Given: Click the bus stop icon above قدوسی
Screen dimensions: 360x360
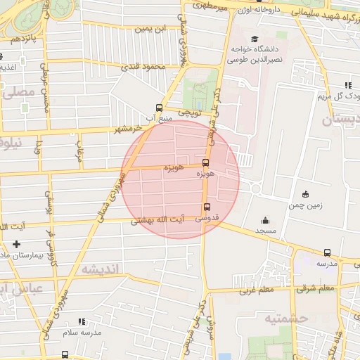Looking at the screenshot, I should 207,207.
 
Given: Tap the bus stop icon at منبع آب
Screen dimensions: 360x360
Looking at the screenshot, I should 160,108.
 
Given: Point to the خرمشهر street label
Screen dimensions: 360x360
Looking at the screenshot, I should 129,129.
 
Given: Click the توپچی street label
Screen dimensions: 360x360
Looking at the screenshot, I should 191,112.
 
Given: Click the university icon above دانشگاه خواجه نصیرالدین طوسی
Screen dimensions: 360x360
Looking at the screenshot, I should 254,39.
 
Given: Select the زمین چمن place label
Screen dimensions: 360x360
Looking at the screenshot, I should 304,206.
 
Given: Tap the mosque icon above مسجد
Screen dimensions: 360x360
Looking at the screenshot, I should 265,220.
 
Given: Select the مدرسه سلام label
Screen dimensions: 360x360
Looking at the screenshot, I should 82,332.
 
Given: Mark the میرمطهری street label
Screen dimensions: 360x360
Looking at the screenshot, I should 214,6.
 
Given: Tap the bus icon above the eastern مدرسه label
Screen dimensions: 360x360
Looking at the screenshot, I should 327,252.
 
